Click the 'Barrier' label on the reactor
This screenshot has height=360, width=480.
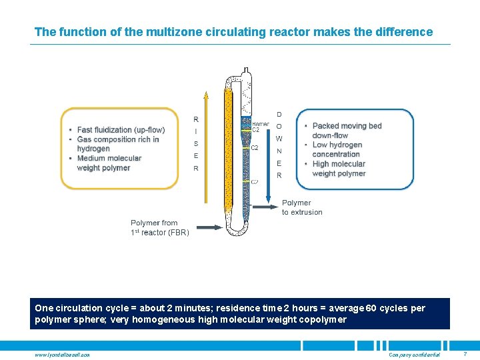tap(261, 124)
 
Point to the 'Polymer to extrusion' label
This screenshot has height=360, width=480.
tap(301, 207)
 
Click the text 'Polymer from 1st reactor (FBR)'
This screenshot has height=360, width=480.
tap(160, 227)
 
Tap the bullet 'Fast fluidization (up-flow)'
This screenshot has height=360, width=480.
tap(121, 130)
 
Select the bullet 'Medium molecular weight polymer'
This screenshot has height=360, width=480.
tap(109, 163)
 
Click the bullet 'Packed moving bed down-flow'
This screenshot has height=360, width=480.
tap(347, 131)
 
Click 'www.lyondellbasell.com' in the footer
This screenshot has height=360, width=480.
tap(62, 354)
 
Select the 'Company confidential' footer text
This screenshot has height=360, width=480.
tap(414, 354)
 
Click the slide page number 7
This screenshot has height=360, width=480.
tap(465, 353)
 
